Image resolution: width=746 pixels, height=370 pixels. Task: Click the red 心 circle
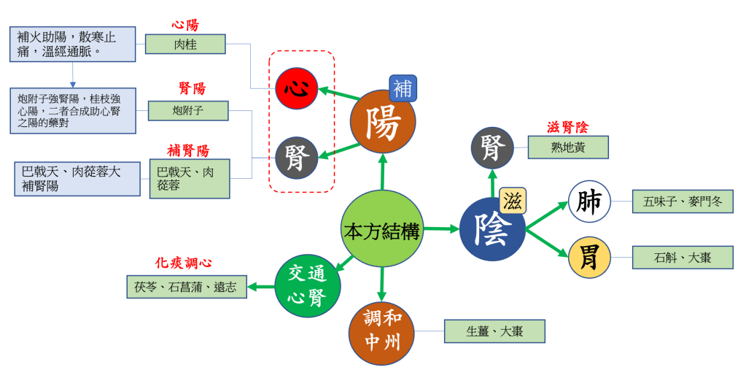coord(296,90)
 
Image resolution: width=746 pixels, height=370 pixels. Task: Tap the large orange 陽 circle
coord(383,122)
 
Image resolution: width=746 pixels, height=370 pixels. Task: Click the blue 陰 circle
coord(493,228)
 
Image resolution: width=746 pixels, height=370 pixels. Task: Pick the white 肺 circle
coord(588,201)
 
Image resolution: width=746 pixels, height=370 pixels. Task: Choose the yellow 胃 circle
coord(588,257)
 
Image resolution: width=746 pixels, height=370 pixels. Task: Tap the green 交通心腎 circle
coord(307,285)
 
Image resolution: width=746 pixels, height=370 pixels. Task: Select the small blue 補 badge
coord(403,88)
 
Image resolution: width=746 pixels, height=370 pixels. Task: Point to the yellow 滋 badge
coord(513,201)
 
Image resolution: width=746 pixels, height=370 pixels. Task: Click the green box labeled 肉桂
coord(185,44)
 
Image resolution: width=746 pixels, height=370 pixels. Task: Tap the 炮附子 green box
coord(188,111)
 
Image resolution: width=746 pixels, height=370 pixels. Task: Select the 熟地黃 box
coord(568,147)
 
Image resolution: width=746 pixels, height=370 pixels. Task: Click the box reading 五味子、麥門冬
coord(683,201)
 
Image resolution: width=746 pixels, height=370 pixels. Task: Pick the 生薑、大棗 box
coord(494,331)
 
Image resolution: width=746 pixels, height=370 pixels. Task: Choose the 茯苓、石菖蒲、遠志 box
coord(185,287)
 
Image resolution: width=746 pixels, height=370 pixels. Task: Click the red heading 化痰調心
coord(184,263)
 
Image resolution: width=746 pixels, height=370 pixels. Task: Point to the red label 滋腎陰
coord(567,127)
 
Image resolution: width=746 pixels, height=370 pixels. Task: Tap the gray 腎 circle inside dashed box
coord(296,157)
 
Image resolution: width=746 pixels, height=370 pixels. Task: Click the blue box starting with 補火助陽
coord(73,44)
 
